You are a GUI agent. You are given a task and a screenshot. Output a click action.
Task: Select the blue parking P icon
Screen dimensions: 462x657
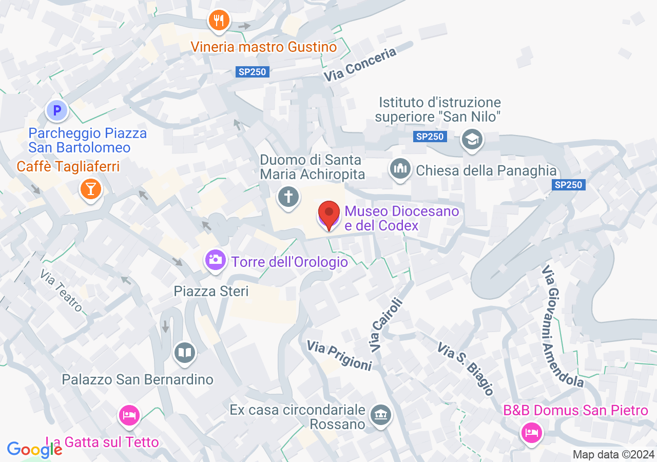coord(57,110)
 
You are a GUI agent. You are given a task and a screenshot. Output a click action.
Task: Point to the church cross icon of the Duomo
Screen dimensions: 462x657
coord(288,197)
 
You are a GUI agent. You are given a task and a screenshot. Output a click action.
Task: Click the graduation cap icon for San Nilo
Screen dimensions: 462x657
coord(472,139)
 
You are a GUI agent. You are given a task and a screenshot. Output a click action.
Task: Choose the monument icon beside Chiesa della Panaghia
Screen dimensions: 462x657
coord(400,168)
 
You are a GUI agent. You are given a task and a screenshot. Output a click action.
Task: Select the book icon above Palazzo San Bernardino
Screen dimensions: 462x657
coord(184,353)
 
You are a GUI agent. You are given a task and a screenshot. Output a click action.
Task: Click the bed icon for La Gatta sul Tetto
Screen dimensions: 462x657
coord(128,415)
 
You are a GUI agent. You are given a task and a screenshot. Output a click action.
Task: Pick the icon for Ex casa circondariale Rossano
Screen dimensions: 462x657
coord(381,414)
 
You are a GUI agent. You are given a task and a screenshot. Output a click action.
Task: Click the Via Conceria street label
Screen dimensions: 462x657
coord(360,64)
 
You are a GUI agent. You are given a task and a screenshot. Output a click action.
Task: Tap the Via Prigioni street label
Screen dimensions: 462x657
coord(339,355)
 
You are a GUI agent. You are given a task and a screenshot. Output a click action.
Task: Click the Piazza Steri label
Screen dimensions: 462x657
coord(211,291)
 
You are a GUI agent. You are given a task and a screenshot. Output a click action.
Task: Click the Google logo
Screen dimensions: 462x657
coord(34,450)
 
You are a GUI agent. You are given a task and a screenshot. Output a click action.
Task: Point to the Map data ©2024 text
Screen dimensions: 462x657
coord(613,454)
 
